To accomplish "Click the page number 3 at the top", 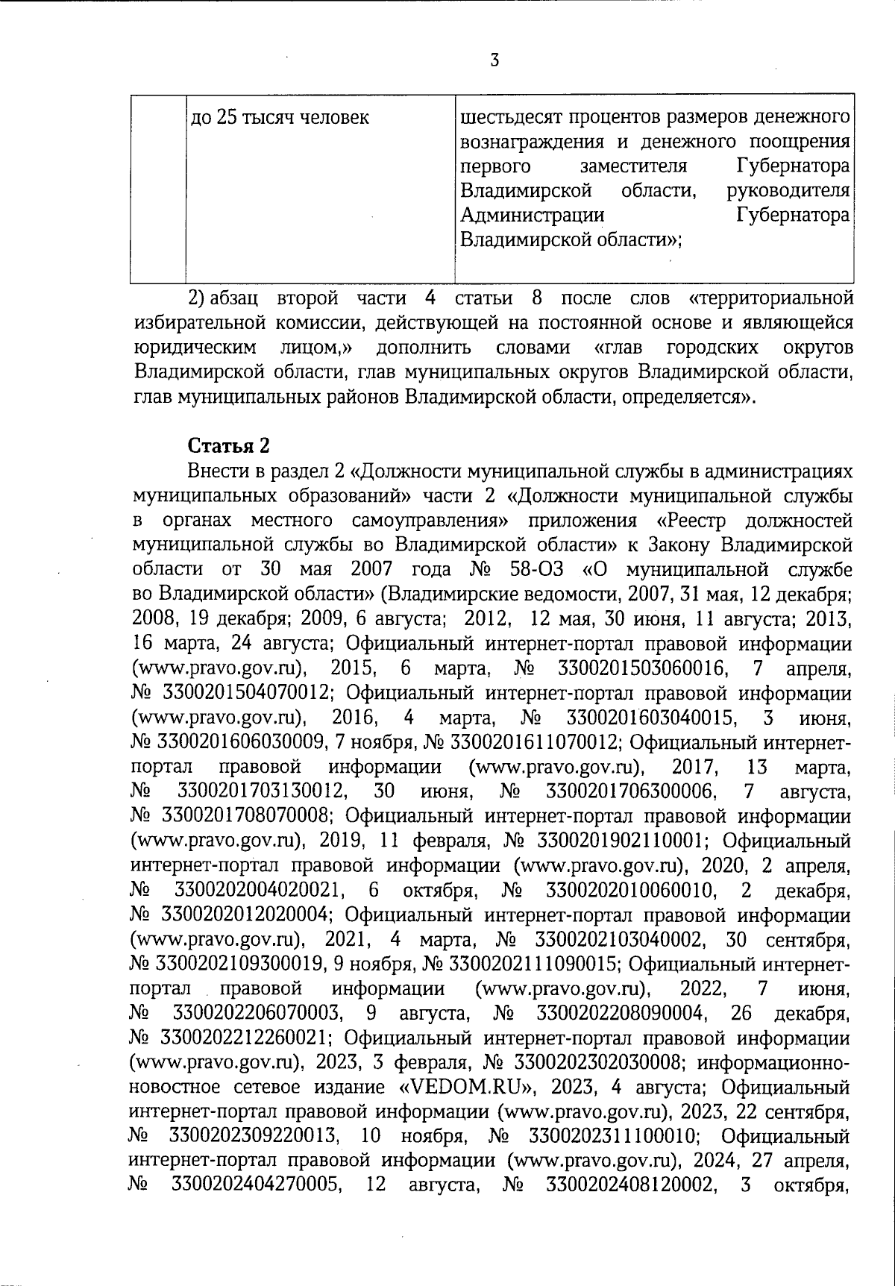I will pos(494,60).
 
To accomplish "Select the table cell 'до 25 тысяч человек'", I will pos(280,118).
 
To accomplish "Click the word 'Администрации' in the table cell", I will pos(532,216).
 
